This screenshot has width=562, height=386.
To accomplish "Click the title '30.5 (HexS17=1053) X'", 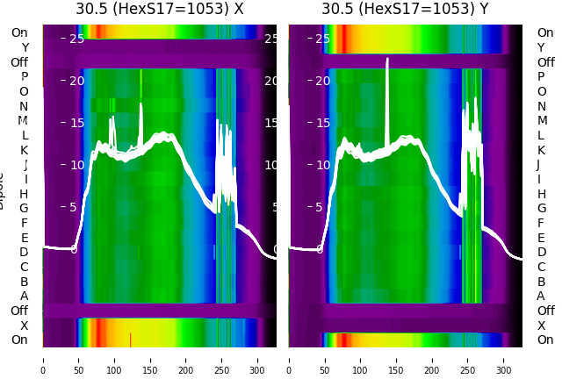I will pyautogui.click(x=160, y=10).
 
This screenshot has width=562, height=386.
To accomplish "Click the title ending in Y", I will pyautogui.click(x=406, y=10).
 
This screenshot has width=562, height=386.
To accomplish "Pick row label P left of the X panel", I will pyautogui.click(x=25, y=77).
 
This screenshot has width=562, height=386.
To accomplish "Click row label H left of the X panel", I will pyautogui.click(x=25, y=194).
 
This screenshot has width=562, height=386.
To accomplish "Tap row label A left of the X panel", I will pyautogui.click(x=25, y=297).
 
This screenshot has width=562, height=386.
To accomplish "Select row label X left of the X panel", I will pyautogui.click(x=25, y=325).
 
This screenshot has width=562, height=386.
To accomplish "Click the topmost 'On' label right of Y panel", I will pyautogui.click(x=545, y=32).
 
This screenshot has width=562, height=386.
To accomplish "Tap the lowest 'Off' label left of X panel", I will pyautogui.click(x=19, y=311).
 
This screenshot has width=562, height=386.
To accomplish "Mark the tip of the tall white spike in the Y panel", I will pyautogui.click(x=387, y=60).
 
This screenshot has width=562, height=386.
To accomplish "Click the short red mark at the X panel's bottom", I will pyautogui.click(x=130, y=339).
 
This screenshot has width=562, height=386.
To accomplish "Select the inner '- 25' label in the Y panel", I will pyautogui.click(x=319, y=39).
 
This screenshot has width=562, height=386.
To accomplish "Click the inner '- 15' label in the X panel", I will pyautogui.click(x=73, y=123).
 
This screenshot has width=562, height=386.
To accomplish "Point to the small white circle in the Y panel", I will pyautogui.click(x=320, y=250).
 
